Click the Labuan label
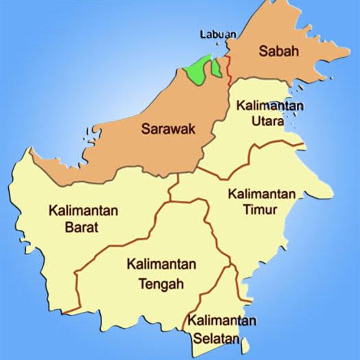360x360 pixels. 219,33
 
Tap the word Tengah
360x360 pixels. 160,283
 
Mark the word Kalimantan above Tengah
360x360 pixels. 162,265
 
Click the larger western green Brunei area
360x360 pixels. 197,71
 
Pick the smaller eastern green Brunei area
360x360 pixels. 217,67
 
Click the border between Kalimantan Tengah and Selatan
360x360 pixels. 210,288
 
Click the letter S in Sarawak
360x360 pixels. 145,127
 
